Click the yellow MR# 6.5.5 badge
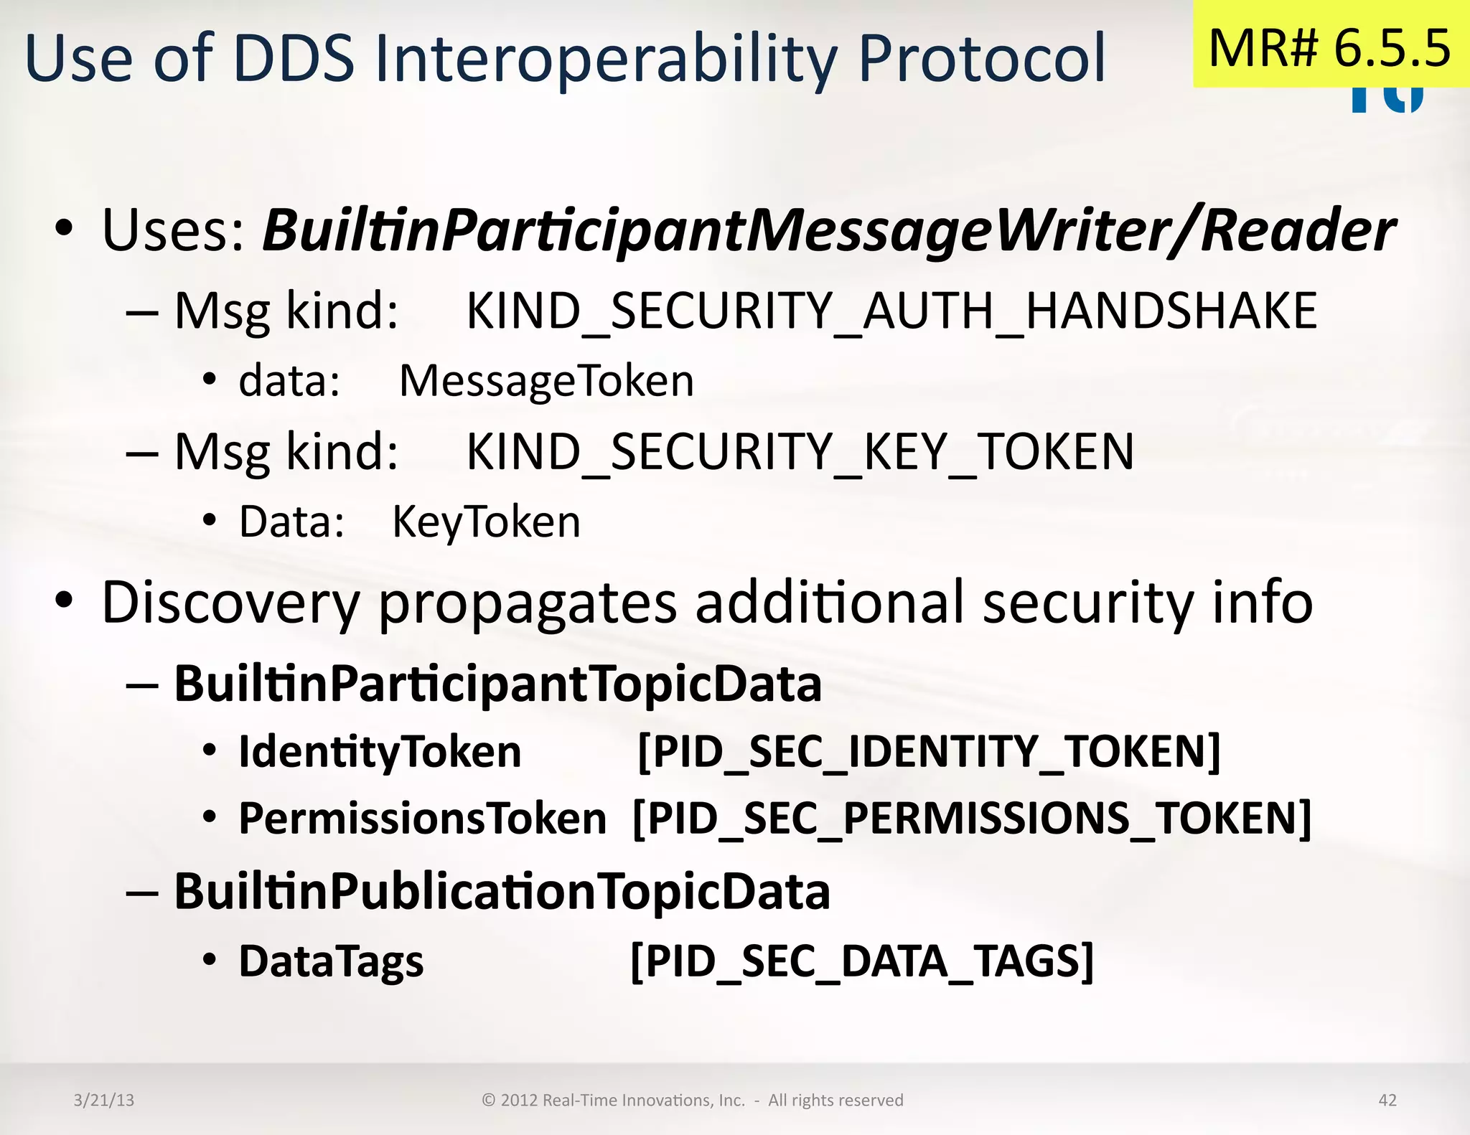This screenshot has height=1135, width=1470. (1330, 47)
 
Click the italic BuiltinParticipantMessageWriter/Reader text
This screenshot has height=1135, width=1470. (829, 231)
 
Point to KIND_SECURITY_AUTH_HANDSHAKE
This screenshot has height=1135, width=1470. (891, 311)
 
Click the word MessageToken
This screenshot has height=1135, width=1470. (546, 381)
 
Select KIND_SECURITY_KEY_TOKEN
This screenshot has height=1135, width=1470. (800, 452)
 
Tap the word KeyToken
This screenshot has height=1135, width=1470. (486, 522)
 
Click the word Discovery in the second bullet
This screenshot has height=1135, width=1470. (230, 603)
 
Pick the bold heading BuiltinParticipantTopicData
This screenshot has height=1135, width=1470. (497, 684)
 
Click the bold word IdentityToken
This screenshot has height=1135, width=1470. (380, 752)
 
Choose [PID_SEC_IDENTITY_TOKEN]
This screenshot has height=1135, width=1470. (929, 752)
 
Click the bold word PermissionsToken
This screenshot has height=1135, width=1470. (422, 819)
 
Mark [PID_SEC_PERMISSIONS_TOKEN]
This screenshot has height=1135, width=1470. (972, 819)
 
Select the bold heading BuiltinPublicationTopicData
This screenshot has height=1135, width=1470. (502, 892)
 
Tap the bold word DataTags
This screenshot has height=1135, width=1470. (331, 961)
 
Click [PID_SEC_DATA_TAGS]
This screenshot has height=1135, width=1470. (862, 961)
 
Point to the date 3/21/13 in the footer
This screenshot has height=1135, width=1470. (104, 1100)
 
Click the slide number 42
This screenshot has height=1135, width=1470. (1387, 1100)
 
